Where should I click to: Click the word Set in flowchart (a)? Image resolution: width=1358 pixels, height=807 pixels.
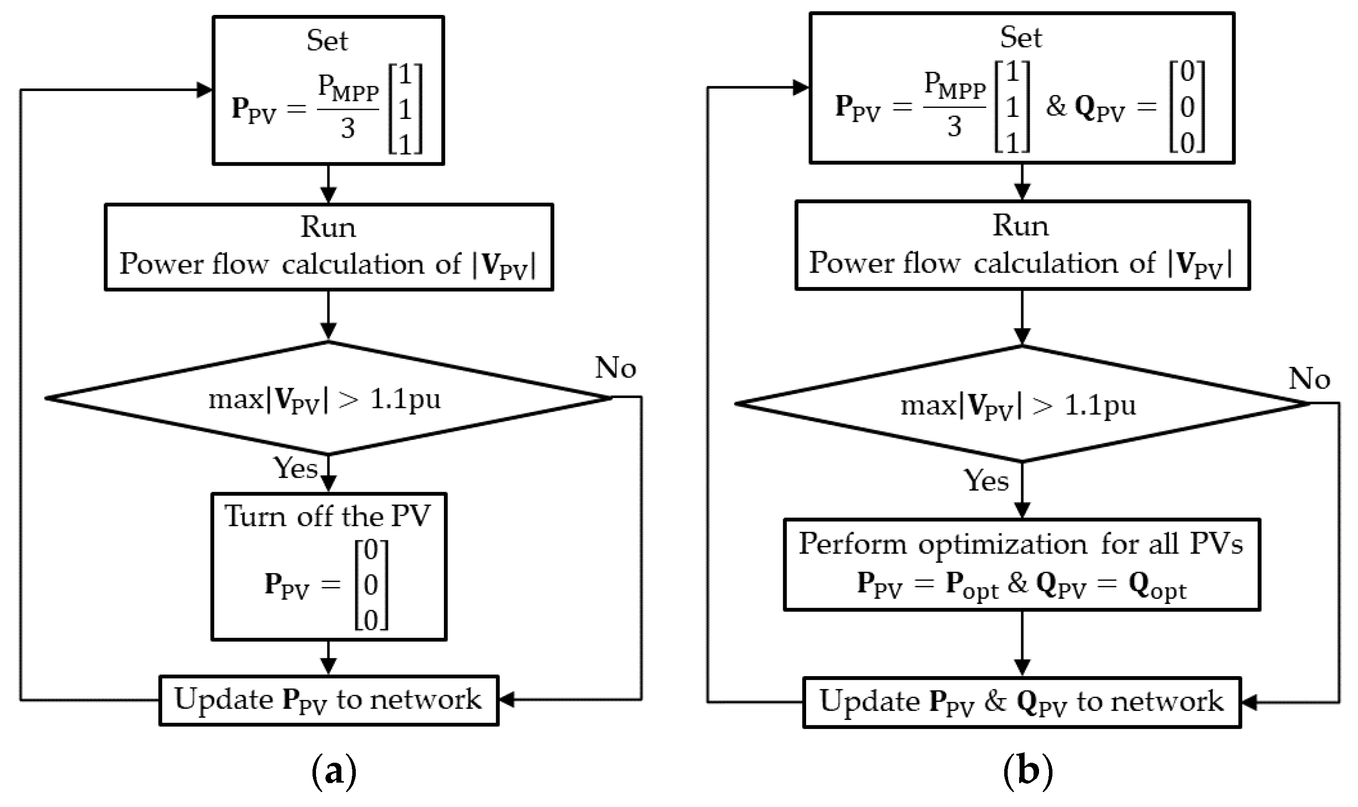click(x=327, y=40)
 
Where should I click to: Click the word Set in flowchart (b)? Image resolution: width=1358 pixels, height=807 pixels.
click(x=1021, y=37)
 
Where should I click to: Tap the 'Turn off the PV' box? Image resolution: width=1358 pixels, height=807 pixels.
click(x=328, y=567)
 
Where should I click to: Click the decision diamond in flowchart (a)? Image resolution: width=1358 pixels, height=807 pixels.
click(x=328, y=399)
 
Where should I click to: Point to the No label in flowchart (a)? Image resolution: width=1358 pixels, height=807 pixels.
click(x=615, y=368)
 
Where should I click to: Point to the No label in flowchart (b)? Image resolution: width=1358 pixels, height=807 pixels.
click(x=1309, y=379)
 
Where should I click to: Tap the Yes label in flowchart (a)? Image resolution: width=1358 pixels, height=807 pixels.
click(x=295, y=468)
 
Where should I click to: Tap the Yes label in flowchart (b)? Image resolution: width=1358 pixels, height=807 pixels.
click(x=986, y=481)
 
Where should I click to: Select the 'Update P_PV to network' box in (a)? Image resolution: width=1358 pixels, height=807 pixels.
click(x=328, y=701)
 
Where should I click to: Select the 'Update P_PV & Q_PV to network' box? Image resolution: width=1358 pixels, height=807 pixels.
click(x=1021, y=702)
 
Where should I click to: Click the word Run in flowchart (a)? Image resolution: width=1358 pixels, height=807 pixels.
click(x=328, y=227)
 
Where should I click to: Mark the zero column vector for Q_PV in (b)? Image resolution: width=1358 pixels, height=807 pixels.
click(x=1187, y=107)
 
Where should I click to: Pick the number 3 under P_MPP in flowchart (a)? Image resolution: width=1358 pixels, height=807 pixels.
click(x=347, y=129)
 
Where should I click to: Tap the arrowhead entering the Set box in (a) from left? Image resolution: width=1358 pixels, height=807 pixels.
click(x=205, y=90)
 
